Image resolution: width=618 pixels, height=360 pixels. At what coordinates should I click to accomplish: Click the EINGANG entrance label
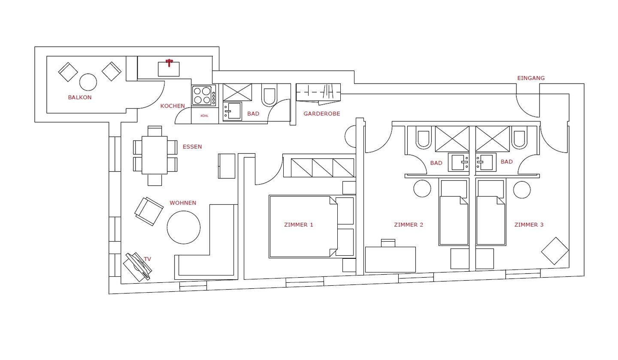click(531, 78)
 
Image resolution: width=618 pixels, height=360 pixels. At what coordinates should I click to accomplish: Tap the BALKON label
click(79, 97)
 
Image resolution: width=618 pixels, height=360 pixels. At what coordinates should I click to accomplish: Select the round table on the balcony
click(88, 82)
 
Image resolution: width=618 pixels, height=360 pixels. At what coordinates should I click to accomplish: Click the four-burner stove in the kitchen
click(204, 95)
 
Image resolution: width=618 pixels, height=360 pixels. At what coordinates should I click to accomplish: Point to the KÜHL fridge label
click(204, 116)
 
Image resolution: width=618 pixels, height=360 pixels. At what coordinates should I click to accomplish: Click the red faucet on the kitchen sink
click(169, 63)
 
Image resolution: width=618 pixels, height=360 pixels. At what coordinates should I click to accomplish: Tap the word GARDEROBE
click(322, 114)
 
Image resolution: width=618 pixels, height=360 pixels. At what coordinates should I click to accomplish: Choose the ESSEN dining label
click(192, 147)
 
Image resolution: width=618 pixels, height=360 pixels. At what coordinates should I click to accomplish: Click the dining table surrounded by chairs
click(154, 155)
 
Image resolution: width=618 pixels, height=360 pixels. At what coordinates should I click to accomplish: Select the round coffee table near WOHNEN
click(184, 227)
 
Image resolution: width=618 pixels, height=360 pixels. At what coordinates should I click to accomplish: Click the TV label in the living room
click(147, 259)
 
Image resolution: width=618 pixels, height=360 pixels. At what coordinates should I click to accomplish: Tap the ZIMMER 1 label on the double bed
click(299, 225)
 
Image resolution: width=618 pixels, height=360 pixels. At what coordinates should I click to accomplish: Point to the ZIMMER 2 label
click(408, 225)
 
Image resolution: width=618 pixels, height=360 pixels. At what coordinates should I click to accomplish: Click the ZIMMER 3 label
click(529, 225)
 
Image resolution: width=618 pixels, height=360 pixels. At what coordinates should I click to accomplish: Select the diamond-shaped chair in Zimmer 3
click(555, 251)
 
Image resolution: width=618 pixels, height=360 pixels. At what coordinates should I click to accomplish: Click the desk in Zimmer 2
click(391, 259)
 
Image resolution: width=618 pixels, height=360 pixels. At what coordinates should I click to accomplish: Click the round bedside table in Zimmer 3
click(522, 190)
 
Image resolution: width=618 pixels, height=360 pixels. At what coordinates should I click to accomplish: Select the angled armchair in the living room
click(148, 211)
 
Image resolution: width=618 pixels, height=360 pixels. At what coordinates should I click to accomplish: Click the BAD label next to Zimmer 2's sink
click(436, 163)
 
